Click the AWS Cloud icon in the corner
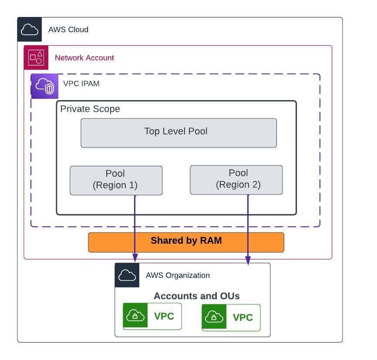[29, 29]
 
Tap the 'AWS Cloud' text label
[68, 30]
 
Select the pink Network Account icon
[36, 57]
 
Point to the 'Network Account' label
[84, 58]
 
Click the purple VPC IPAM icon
[45, 86]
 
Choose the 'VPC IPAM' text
[81, 84]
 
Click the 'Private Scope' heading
[90, 109]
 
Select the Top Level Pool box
[178, 133]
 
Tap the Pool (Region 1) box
[116, 180]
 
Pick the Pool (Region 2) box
[236, 180]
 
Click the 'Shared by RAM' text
[186, 240]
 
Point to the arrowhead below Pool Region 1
[135, 258]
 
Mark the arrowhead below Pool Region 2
[248, 260]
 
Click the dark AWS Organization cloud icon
[127, 275]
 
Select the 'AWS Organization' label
[178, 276]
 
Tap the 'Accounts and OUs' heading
[197, 296]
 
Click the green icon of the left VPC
[135, 315]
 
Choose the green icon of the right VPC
[214, 316]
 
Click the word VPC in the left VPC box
[164, 316]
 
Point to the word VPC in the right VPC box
[243, 317]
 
